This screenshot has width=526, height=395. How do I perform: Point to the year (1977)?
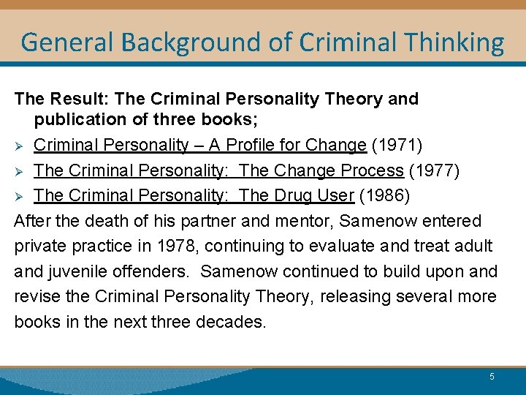coord(433,170)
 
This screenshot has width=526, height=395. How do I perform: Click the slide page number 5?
coord(492,376)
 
